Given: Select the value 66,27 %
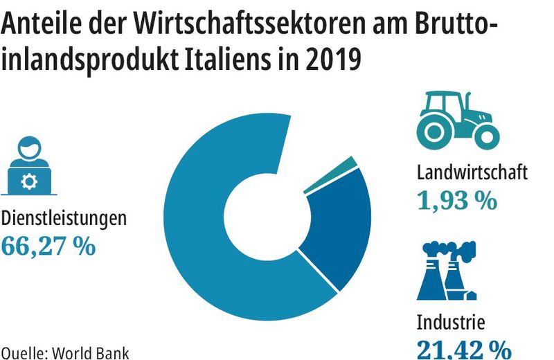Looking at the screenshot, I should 48,246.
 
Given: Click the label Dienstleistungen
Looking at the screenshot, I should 64,218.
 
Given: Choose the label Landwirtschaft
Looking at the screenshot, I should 472,172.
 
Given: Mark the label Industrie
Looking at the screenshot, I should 451,322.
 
